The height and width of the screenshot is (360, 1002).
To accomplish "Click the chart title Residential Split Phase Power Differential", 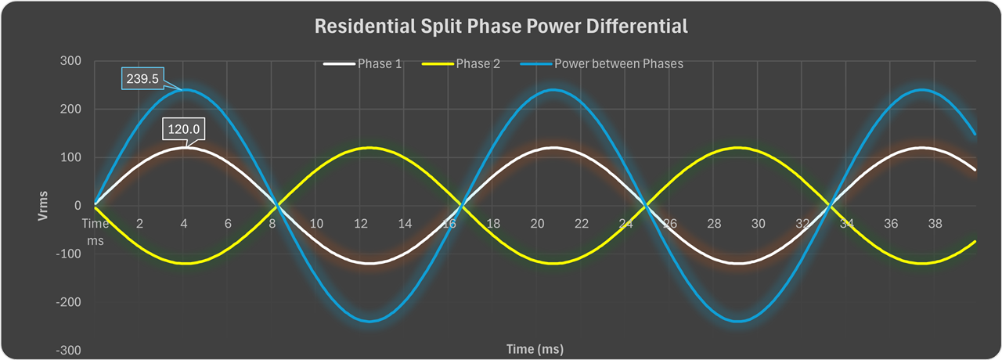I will point(501,27).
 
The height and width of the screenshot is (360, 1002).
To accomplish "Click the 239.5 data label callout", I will point(142,79).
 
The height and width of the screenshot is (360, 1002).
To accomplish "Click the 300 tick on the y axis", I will point(70,60).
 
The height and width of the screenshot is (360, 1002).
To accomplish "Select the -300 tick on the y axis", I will point(67,350).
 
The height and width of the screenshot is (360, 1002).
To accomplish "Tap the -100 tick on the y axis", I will point(67,254).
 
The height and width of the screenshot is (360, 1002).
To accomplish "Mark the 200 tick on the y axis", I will point(70,109).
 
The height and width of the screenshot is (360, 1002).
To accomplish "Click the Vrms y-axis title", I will point(45,206).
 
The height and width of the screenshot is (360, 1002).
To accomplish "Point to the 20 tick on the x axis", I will point(537,224).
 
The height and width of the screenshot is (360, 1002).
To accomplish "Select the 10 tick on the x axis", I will point(316,224).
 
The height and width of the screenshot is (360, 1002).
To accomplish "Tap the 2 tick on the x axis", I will point(139,224).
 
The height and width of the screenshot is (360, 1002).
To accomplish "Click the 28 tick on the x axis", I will point(714,224).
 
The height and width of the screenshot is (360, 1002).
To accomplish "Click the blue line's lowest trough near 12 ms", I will point(369,321).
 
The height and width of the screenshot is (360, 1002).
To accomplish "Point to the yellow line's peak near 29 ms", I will point(737,147).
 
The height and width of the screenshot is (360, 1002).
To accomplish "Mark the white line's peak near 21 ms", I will point(553,147).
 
